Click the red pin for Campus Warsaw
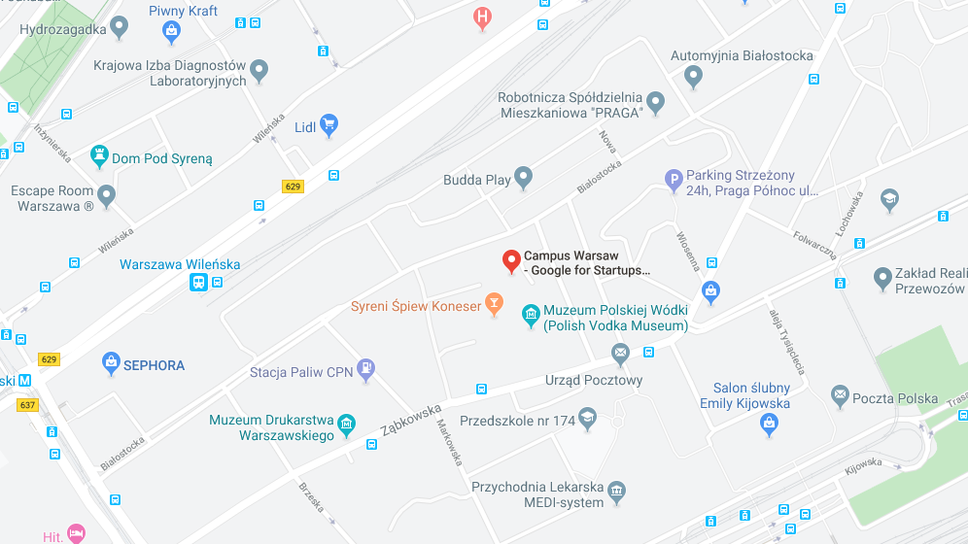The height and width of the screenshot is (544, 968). [x=511, y=260]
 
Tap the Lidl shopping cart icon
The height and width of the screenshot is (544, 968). [x=329, y=124]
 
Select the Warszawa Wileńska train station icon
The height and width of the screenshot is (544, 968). [x=198, y=282]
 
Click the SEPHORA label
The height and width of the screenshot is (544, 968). [x=154, y=365]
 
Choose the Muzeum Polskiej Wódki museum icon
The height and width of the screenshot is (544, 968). [x=531, y=315]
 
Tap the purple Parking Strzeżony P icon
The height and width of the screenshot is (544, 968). [x=674, y=180]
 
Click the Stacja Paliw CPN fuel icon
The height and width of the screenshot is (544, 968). [x=365, y=368]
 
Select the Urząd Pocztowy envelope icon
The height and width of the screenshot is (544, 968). [x=620, y=353]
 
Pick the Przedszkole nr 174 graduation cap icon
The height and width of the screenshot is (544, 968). [x=587, y=420]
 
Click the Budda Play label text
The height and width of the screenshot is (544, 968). [x=476, y=180]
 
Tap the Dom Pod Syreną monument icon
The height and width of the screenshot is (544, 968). [x=99, y=155]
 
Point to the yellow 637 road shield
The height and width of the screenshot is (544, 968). [x=27, y=404]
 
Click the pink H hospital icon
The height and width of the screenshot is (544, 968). [x=482, y=17]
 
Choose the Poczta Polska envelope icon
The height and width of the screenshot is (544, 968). [x=841, y=396]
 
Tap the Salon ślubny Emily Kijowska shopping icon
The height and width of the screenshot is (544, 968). [x=770, y=424]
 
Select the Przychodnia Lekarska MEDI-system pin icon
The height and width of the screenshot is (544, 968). [x=616, y=492]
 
